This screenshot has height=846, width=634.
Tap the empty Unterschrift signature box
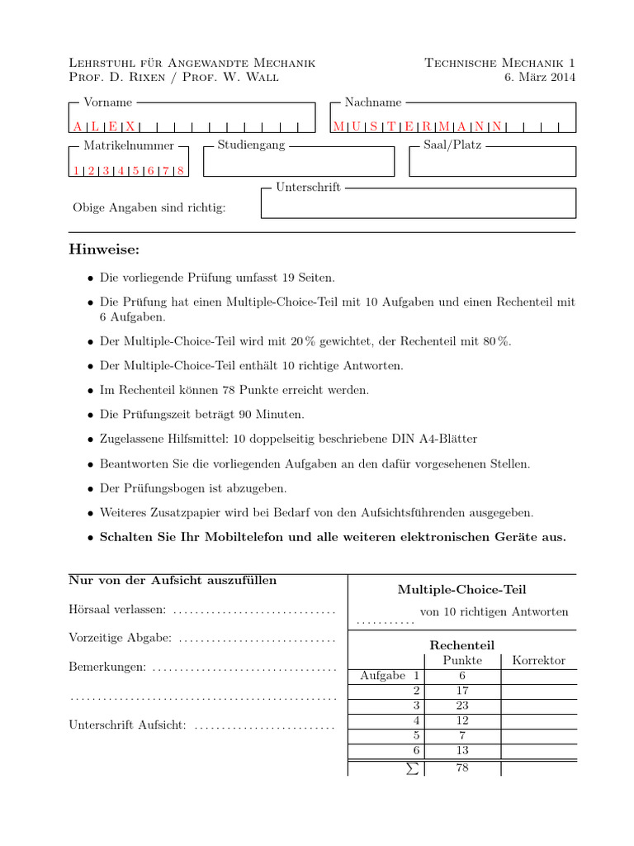418,205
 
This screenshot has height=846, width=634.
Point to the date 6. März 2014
539,78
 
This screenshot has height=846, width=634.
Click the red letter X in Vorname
130,126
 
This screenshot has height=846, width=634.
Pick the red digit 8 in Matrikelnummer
180,171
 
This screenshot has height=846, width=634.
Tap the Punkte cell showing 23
462,706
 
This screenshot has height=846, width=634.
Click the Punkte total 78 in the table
462,768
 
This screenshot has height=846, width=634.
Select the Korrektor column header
538,660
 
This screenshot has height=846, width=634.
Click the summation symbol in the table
413,768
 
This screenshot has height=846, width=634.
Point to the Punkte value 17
462,690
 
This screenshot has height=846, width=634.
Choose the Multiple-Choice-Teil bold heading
461,590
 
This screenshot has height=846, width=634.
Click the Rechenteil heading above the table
461,644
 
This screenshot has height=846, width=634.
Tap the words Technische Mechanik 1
500,63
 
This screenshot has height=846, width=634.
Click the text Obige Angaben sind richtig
149,207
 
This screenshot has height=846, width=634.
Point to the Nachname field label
373,102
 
